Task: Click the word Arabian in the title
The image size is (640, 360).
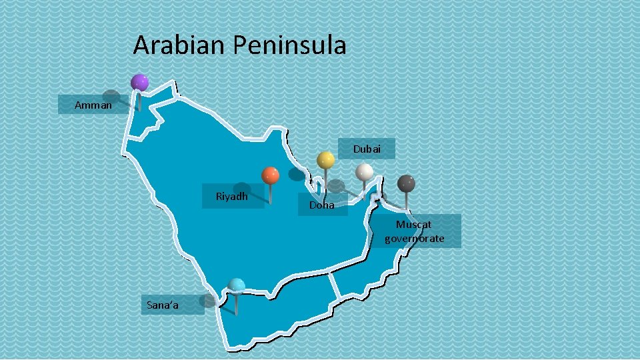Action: click(x=180, y=45)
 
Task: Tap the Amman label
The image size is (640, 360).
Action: click(x=93, y=105)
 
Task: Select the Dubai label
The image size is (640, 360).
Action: click(x=367, y=149)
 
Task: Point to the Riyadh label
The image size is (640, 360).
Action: click(x=232, y=197)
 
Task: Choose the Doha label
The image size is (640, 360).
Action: click(x=322, y=205)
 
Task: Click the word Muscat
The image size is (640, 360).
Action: click(x=414, y=225)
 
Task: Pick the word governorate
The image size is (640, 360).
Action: click(x=414, y=239)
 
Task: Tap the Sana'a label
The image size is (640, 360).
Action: click(x=163, y=305)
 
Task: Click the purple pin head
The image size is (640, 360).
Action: click(x=139, y=82)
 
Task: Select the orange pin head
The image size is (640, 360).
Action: click(x=270, y=175)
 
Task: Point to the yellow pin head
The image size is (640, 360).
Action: click(x=325, y=160)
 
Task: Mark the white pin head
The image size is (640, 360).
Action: click(x=364, y=172)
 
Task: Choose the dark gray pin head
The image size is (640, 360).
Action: click(x=407, y=183)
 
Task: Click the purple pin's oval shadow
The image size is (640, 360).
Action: click(x=111, y=96)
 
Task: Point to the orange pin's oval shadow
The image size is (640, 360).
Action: click(x=242, y=189)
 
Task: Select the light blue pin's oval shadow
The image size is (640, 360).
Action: click(x=208, y=301)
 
